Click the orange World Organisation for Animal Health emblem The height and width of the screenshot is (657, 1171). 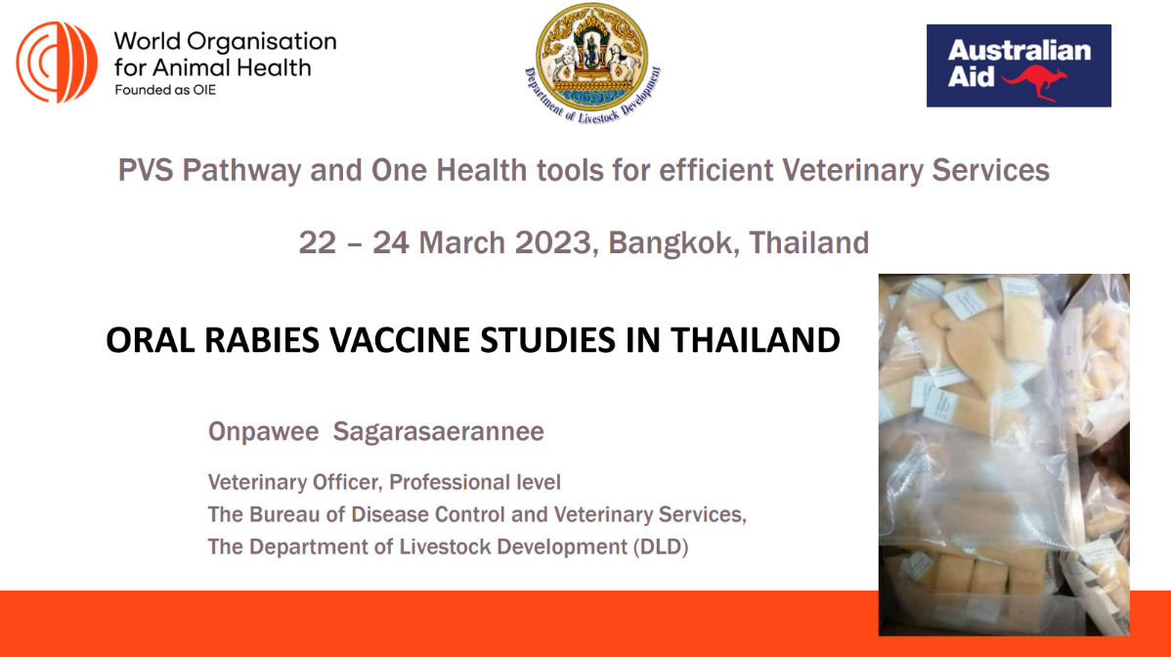coord(57,63)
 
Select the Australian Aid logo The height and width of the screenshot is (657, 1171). coord(1018,66)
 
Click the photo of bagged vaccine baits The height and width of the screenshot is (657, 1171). coord(1003,455)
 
